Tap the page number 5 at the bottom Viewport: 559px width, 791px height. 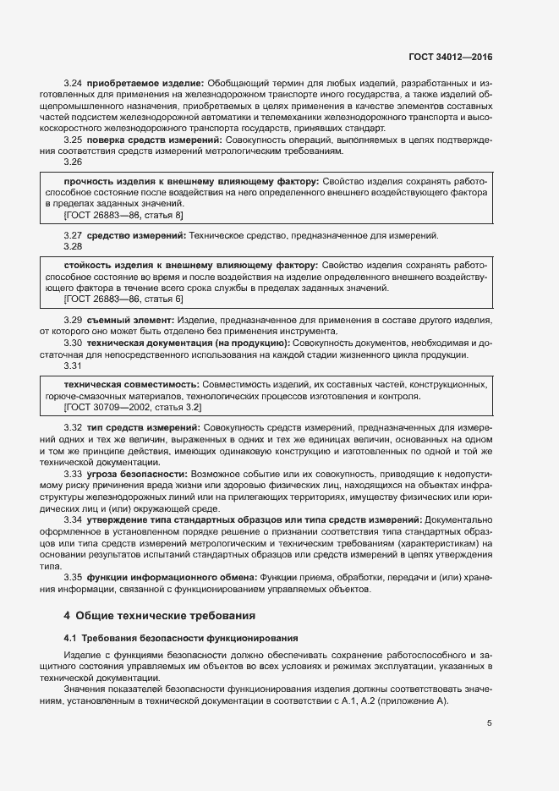point(490,723)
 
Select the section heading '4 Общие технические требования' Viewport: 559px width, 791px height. point(160,615)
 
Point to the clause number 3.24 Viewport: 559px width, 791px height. point(73,83)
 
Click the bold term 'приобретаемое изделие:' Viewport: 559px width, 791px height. point(145,83)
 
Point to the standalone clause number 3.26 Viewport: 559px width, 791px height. point(73,162)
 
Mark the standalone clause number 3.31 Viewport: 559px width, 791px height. point(73,365)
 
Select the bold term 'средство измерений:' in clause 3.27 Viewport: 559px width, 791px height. point(136,234)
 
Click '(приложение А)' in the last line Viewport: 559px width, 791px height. point(414,702)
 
